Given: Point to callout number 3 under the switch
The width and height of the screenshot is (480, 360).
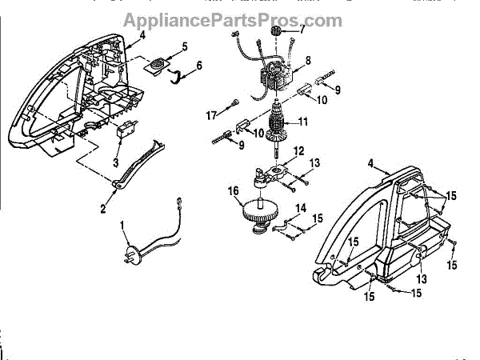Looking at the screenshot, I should coord(117,162).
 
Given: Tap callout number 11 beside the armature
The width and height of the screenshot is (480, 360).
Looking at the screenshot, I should coord(303,122).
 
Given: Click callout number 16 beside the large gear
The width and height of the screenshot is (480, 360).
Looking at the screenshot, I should coord(234,191).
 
